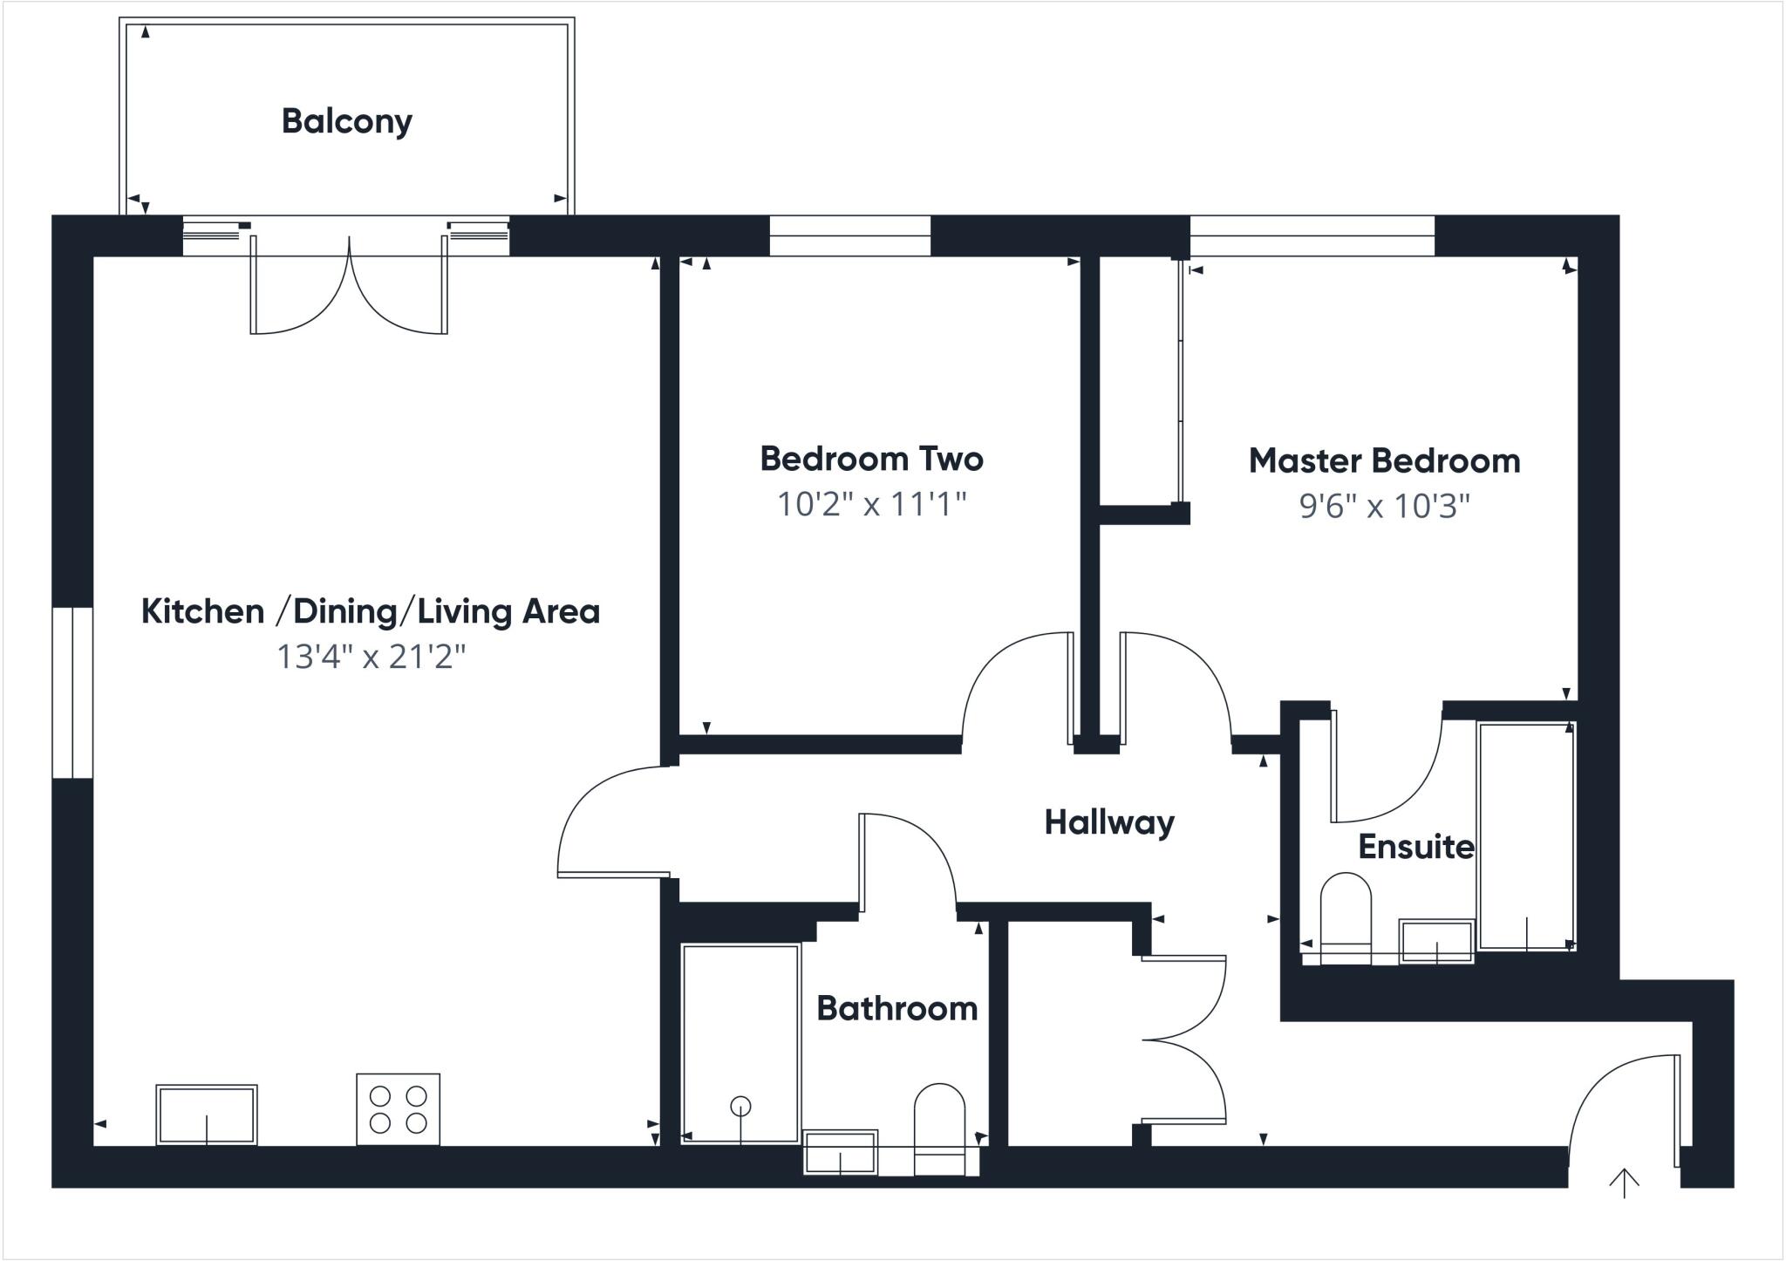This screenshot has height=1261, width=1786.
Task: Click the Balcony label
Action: coord(346,121)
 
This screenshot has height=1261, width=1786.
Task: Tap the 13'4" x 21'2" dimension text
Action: coord(372,657)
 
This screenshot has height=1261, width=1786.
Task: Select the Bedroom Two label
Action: coord(871,459)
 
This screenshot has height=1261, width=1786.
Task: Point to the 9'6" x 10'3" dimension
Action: coord(1384,506)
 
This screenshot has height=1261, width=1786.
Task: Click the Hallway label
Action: coord(1109,822)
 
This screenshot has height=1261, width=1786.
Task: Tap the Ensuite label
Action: coord(1415,847)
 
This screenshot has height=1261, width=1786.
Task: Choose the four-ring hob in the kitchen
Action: coord(398,1109)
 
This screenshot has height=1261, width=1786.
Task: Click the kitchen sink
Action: coord(207,1114)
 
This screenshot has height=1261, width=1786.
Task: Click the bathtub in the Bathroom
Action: coord(740,1043)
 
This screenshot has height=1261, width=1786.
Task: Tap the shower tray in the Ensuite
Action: coord(1526,835)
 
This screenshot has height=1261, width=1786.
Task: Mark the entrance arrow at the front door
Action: coord(1624,1183)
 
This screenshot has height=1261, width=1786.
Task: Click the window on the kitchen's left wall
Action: coord(72,692)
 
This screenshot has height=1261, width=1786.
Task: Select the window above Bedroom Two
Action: coord(849,235)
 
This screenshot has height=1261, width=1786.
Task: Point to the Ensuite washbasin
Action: coord(1436,941)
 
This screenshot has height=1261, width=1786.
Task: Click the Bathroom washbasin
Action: coord(840,1153)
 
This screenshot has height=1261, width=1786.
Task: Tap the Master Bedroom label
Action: coord(1384,460)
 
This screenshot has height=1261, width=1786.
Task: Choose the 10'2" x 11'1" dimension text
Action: coord(871,504)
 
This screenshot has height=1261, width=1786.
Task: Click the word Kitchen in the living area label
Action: coord(202,611)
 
